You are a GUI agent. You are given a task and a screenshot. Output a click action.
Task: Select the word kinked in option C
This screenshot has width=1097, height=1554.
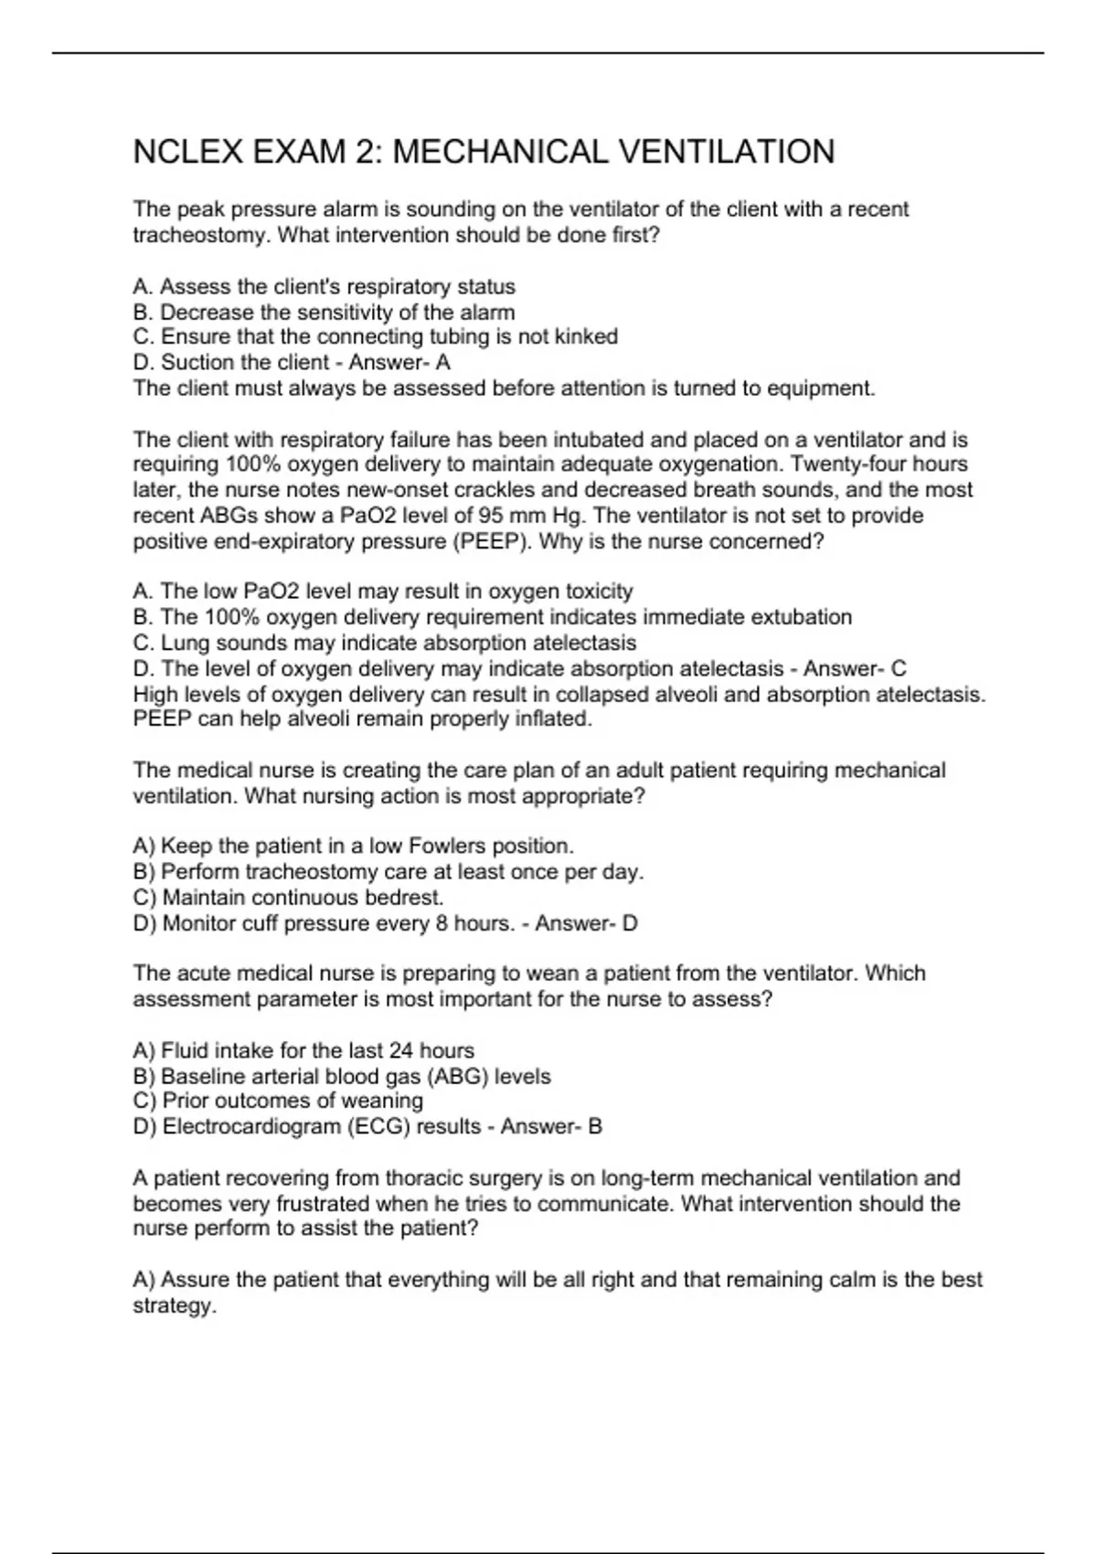click(x=586, y=336)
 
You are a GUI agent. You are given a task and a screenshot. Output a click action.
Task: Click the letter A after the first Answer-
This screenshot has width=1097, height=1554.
click(x=442, y=362)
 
